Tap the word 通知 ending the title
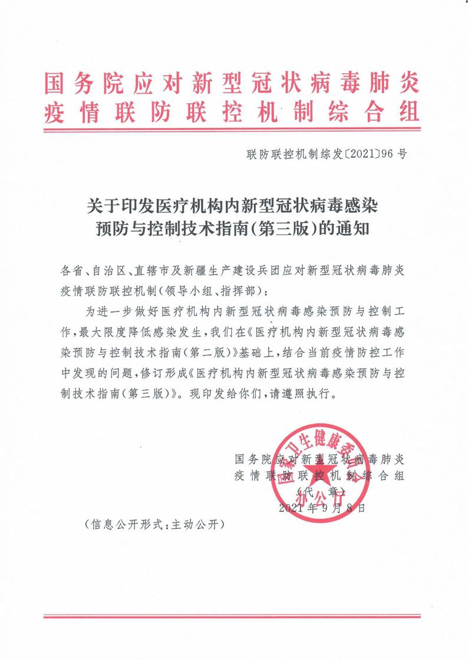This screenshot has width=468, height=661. pyautogui.click(x=354, y=229)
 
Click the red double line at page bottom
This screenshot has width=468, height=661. pyautogui.click(x=233, y=617)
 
